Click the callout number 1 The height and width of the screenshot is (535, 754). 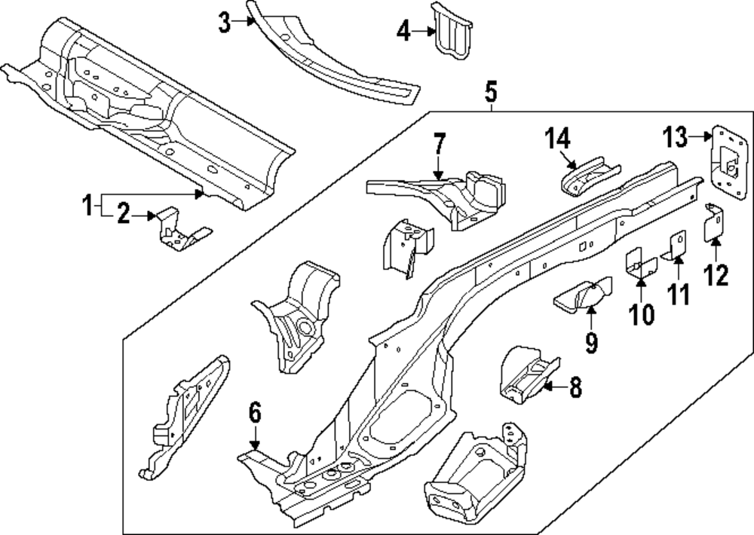tap(87, 203)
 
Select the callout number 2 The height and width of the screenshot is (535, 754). tap(124, 216)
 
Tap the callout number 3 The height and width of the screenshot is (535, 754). tap(224, 23)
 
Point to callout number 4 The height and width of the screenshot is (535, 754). tap(403, 32)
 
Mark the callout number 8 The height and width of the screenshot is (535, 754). tap(575, 387)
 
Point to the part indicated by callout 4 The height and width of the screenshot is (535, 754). tap(452, 32)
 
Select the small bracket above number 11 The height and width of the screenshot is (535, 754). tap(676, 247)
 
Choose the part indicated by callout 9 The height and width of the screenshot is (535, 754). tap(583, 295)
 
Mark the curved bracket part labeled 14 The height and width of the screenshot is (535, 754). tap(588, 177)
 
